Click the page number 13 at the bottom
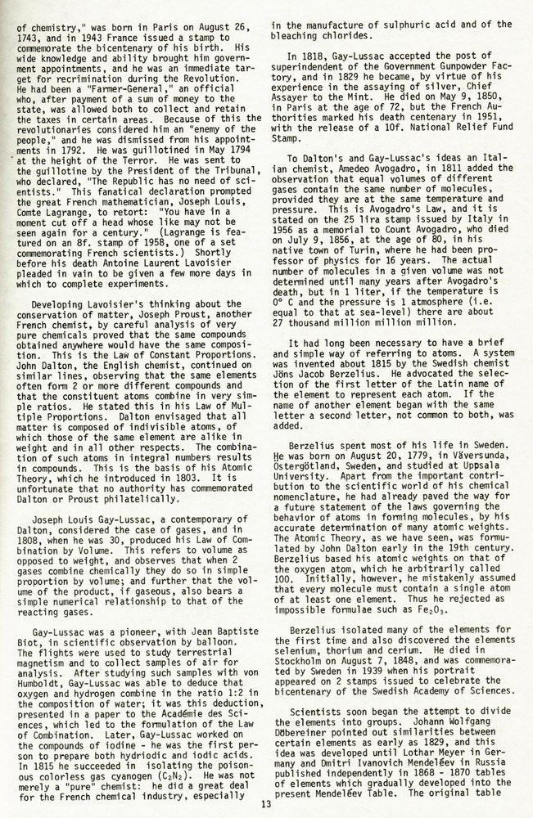coord(265,803)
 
